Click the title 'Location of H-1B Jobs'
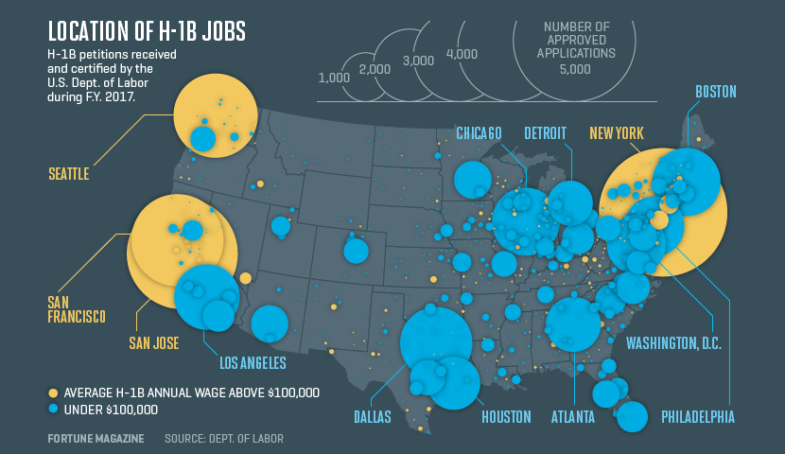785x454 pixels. (x=147, y=30)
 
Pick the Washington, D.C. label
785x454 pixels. (x=674, y=342)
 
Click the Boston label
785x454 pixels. (x=715, y=92)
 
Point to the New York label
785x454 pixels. (x=616, y=132)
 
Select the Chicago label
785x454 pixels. (x=479, y=132)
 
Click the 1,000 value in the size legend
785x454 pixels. (x=334, y=78)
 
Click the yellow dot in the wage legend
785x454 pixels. (x=53, y=393)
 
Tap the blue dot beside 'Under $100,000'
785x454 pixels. (x=53, y=410)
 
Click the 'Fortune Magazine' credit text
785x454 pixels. (x=96, y=439)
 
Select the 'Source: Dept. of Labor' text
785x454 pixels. (x=223, y=439)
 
